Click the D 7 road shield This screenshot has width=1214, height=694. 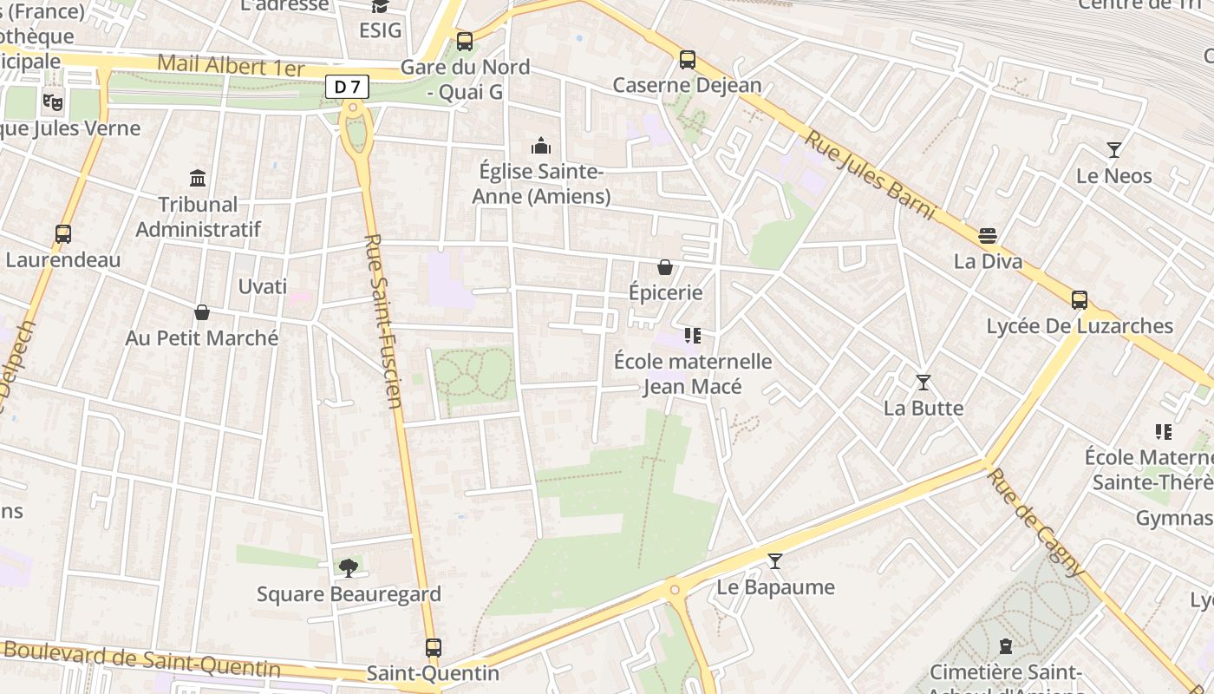tap(348, 87)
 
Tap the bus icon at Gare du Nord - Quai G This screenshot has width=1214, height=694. tap(465, 41)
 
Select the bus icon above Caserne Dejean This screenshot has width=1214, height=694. tap(688, 60)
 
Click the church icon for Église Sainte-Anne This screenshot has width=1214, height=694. tap(541, 145)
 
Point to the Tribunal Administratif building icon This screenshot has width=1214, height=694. tap(198, 178)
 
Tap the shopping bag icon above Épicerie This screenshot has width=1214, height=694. tap(665, 266)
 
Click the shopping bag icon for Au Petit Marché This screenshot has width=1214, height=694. tap(202, 311)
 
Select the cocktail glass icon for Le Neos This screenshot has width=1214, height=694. tap(1114, 150)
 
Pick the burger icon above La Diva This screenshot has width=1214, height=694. tap(988, 235)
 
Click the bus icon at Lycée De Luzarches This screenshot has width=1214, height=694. tap(1080, 300)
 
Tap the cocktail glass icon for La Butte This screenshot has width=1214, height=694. tap(924, 382)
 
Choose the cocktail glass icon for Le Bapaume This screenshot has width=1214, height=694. tap(775, 561)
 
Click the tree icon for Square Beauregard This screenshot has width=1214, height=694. tap(349, 568)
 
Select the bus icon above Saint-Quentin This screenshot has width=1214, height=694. tap(434, 647)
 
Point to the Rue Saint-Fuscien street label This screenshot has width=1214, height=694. tap(383, 321)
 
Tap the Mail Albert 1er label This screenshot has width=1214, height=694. tap(231, 67)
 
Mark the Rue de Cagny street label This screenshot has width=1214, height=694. tap(1036, 523)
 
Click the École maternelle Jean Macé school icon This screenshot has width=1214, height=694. tap(692, 335)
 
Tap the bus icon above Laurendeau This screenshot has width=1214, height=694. tap(63, 233)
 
